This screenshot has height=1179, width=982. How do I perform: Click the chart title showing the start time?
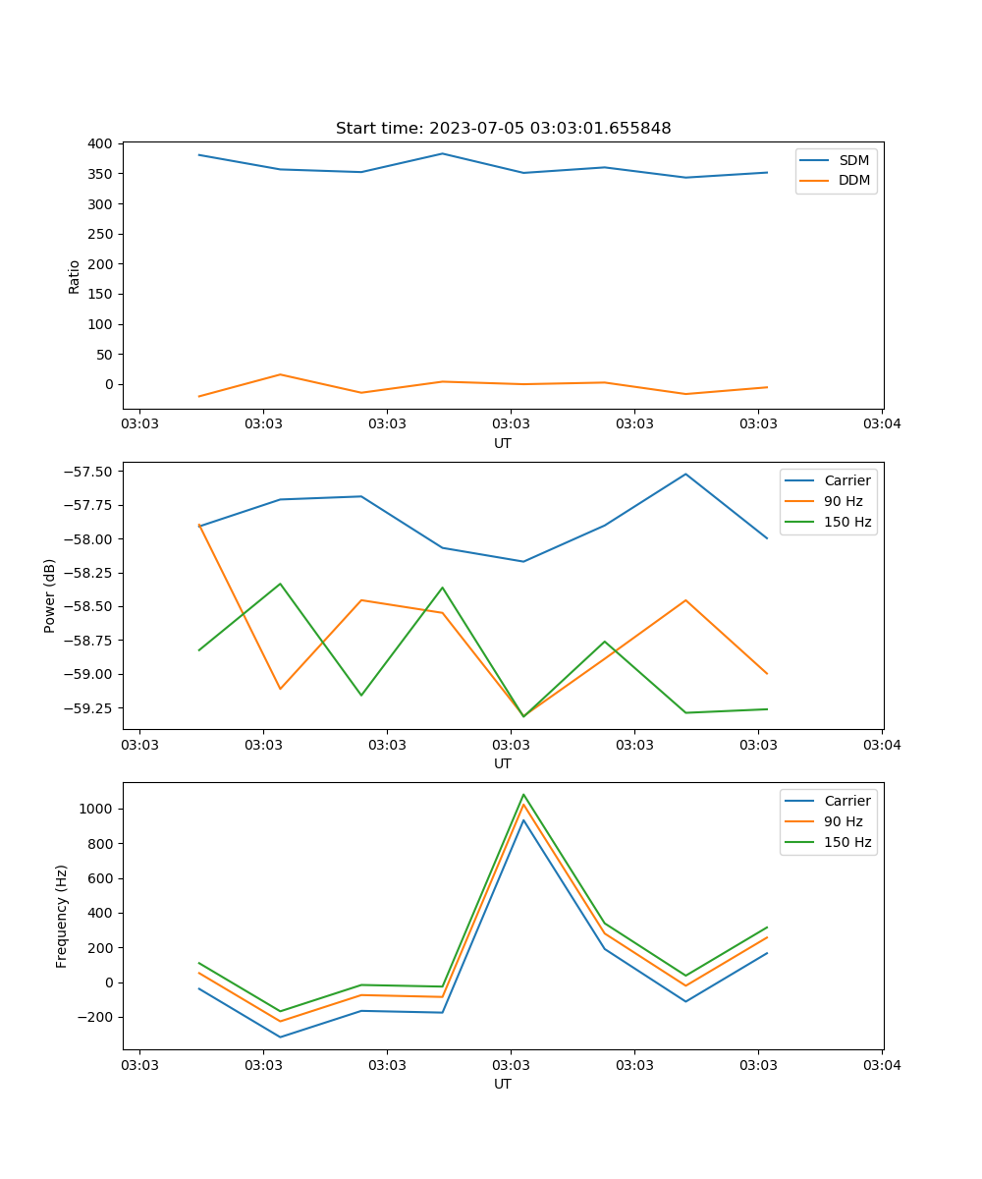click(503, 129)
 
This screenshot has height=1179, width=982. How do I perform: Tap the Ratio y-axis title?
click(75, 276)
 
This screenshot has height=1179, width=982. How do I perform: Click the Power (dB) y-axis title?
click(50, 595)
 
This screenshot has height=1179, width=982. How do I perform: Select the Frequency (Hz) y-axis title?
click(62, 916)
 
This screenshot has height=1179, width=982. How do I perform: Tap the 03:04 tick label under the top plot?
click(881, 424)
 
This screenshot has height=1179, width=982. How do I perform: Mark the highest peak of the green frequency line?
click(523, 794)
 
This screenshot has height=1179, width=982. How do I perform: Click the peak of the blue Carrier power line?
click(685, 474)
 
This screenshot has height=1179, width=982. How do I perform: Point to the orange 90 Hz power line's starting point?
click(199, 525)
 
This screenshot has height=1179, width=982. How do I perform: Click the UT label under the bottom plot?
click(503, 1084)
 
